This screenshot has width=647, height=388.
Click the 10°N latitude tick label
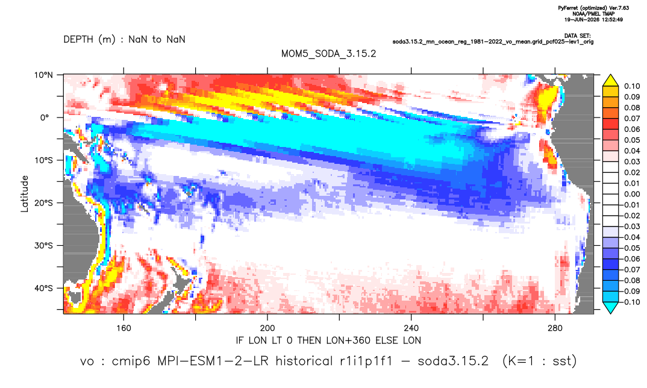pos(43,75)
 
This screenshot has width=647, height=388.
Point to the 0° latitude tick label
pos(44,117)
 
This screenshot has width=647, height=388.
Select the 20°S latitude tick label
pos(43,202)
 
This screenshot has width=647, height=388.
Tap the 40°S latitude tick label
pos(43,288)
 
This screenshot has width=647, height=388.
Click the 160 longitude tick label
pos(123,328)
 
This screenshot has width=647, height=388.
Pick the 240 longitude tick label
pos(411,328)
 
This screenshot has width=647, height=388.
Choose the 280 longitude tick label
pos(555,328)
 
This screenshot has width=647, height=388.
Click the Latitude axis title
pos(25,194)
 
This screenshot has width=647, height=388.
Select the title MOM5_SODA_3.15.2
pos(328,54)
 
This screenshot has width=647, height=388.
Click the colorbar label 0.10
pos(632,86)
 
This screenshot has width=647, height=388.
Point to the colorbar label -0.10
pos(630,302)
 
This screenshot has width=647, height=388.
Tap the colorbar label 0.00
pos(632,194)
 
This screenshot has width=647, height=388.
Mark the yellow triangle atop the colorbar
pos(610,81)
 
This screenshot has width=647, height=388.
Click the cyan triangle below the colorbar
pos(610,307)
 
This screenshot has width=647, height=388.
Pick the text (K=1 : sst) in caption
pos(539,361)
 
